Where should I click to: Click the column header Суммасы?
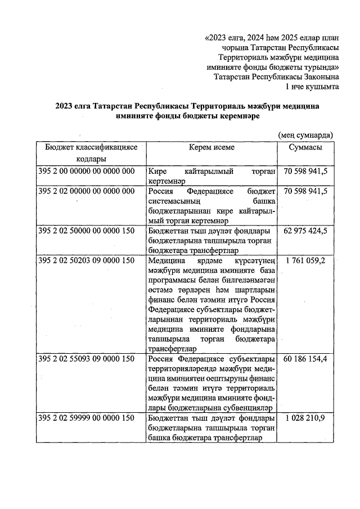[x=305, y=147]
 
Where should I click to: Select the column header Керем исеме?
[x=211, y=147]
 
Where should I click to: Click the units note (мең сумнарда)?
[x=305, y=135]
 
